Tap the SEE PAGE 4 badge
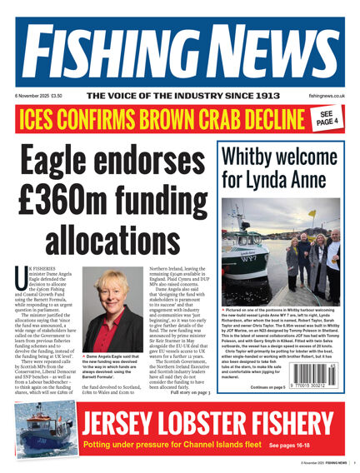[327, 118]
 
